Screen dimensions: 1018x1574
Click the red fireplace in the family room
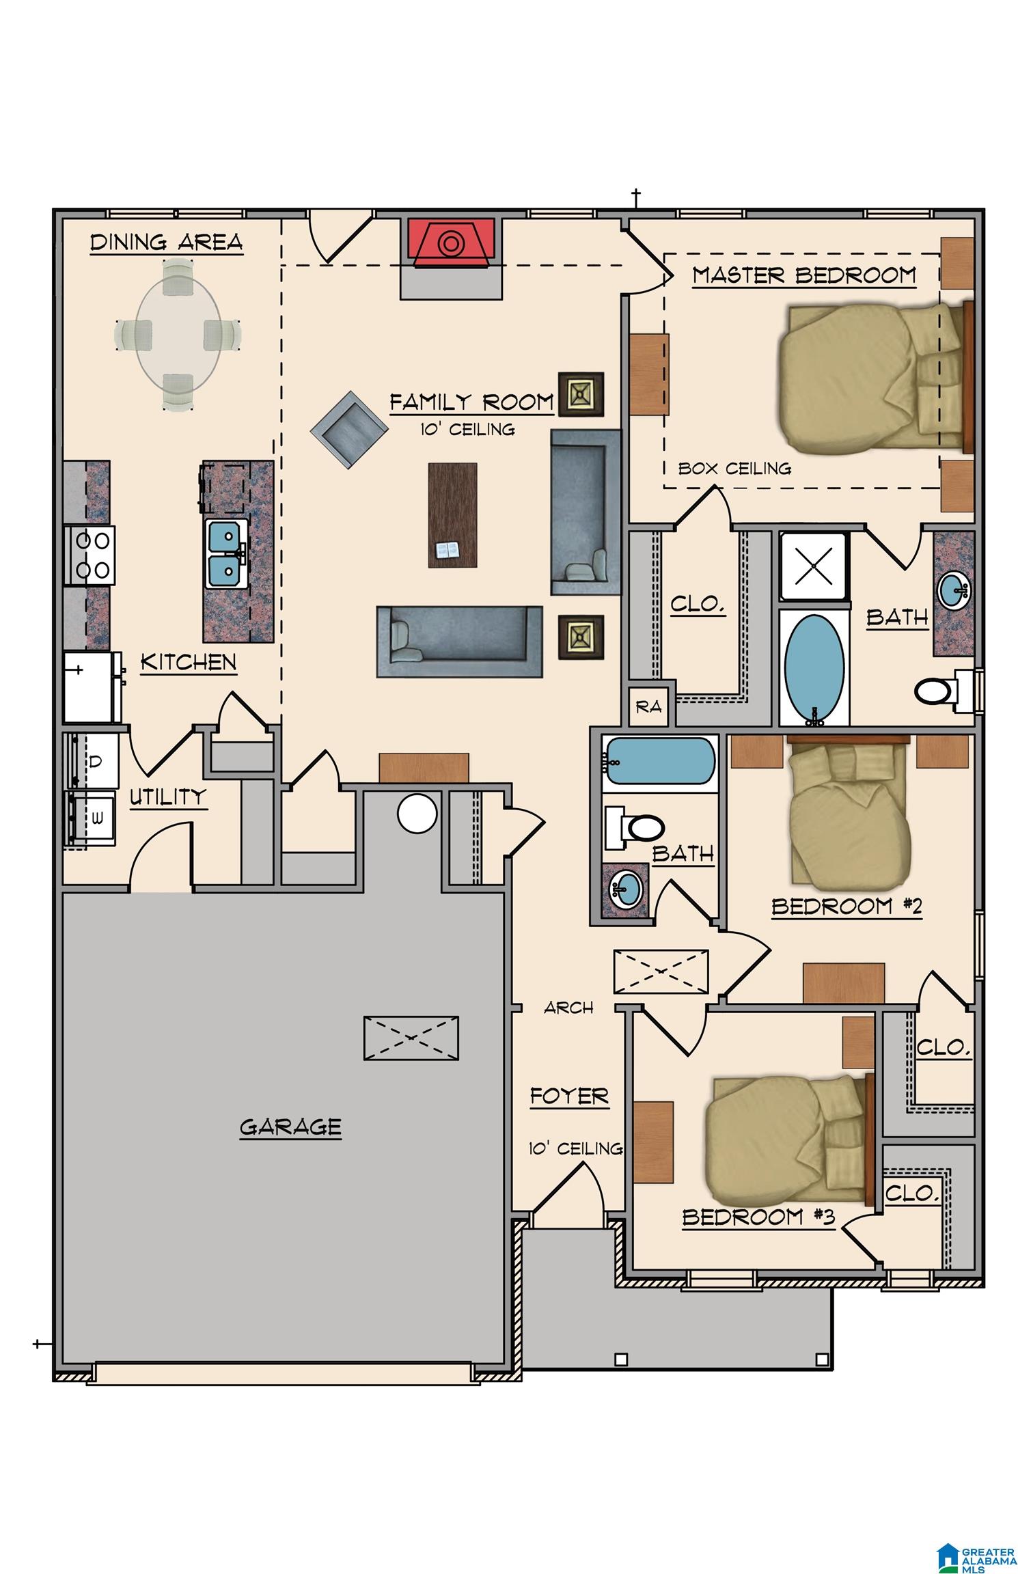pos(450,240)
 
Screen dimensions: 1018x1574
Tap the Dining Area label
pos(167,243)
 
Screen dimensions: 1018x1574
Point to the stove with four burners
pos(90,555)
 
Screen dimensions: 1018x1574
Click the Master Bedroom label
pos(803,275)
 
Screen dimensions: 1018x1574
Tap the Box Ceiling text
pos(734,469)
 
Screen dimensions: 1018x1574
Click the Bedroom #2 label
pos(847,907)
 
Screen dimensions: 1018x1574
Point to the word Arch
pos(568,1008)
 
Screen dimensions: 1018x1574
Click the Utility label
pos(168,797)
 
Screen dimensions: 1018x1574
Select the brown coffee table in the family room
pos(452,515)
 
